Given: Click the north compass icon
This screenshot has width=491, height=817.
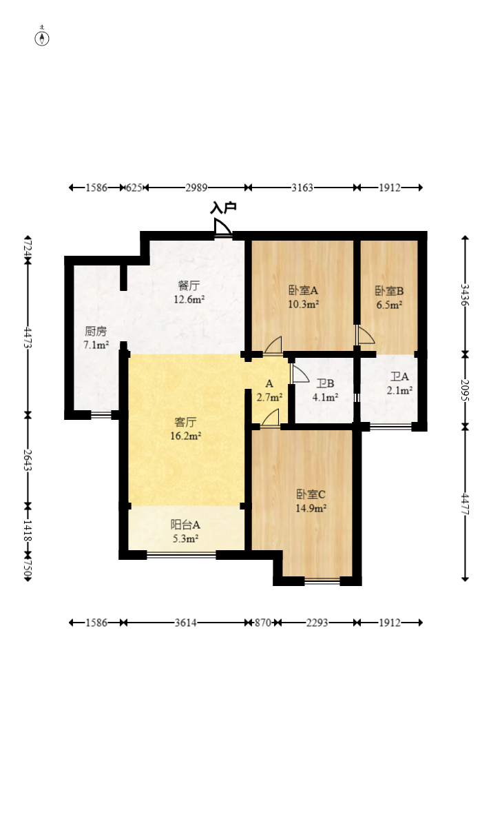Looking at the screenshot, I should click(x=42, y=38).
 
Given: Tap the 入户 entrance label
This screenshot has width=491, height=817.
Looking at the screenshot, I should click(x=223, y=207).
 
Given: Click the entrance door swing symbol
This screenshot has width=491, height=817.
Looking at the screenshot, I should click(x=222, y=228).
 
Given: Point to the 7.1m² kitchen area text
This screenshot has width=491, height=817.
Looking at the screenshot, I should click(x=96, y=344).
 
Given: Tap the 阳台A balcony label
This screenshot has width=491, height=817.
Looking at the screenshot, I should click(x=186, y=525).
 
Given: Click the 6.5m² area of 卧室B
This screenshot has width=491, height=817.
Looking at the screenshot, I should click(x=389, y=303).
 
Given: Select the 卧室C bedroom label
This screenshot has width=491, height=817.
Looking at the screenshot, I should click(x=311, y=494).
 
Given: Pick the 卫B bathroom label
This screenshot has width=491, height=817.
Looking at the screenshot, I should click(x=325, y=384).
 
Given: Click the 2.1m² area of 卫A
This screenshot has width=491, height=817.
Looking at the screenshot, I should click(x=400, y=390).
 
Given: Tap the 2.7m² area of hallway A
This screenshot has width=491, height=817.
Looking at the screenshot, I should click(x=269, y=397).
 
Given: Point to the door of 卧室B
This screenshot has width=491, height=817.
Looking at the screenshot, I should click(x=365, y=335).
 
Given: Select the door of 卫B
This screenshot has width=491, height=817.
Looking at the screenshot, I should click(x=299, y=374).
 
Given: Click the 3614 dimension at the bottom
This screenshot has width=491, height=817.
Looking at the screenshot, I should click(x=185, y=623).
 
